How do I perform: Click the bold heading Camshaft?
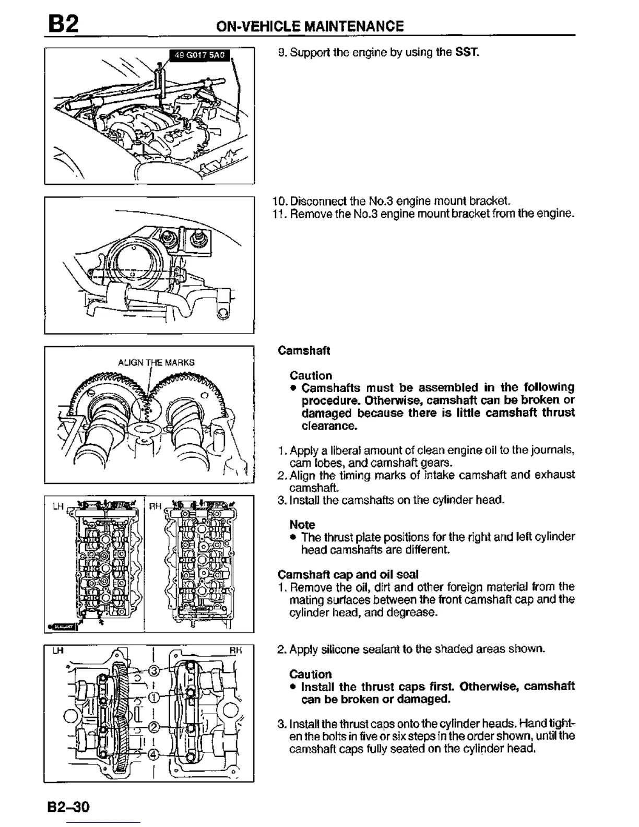(304, 350)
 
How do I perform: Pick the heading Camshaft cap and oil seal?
(348, 575)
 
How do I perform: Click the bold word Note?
(302, 525)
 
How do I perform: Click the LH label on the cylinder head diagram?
(58, 506)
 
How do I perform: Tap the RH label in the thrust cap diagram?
(236, 651)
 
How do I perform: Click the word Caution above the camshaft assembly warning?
(311, 375)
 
